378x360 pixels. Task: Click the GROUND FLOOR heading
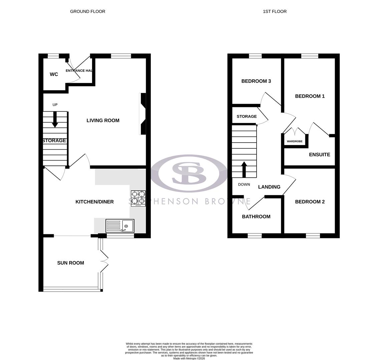click(87, 11)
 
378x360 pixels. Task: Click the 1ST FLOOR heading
click(275, 11)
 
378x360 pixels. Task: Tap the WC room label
click(54, 74)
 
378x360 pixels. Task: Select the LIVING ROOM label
click(103, 120)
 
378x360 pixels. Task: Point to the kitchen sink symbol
click(120, 226)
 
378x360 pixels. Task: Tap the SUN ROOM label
click(70, 263)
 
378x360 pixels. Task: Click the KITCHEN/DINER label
click(94, 202)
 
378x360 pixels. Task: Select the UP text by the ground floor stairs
click(55, 105)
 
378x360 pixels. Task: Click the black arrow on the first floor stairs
click(244, 169)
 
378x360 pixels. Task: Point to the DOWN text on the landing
click(244, 184)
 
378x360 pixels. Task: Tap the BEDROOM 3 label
click(256, 81)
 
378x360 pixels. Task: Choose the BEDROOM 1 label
click(310, 96)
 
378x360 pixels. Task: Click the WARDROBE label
click(295, 141)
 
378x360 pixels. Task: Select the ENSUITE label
click(319, 154)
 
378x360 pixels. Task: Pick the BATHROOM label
click(256, 216)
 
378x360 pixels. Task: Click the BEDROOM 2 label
click(310, 202)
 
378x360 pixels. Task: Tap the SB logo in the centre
click(188, 173)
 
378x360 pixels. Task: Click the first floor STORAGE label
click(247, 116)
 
